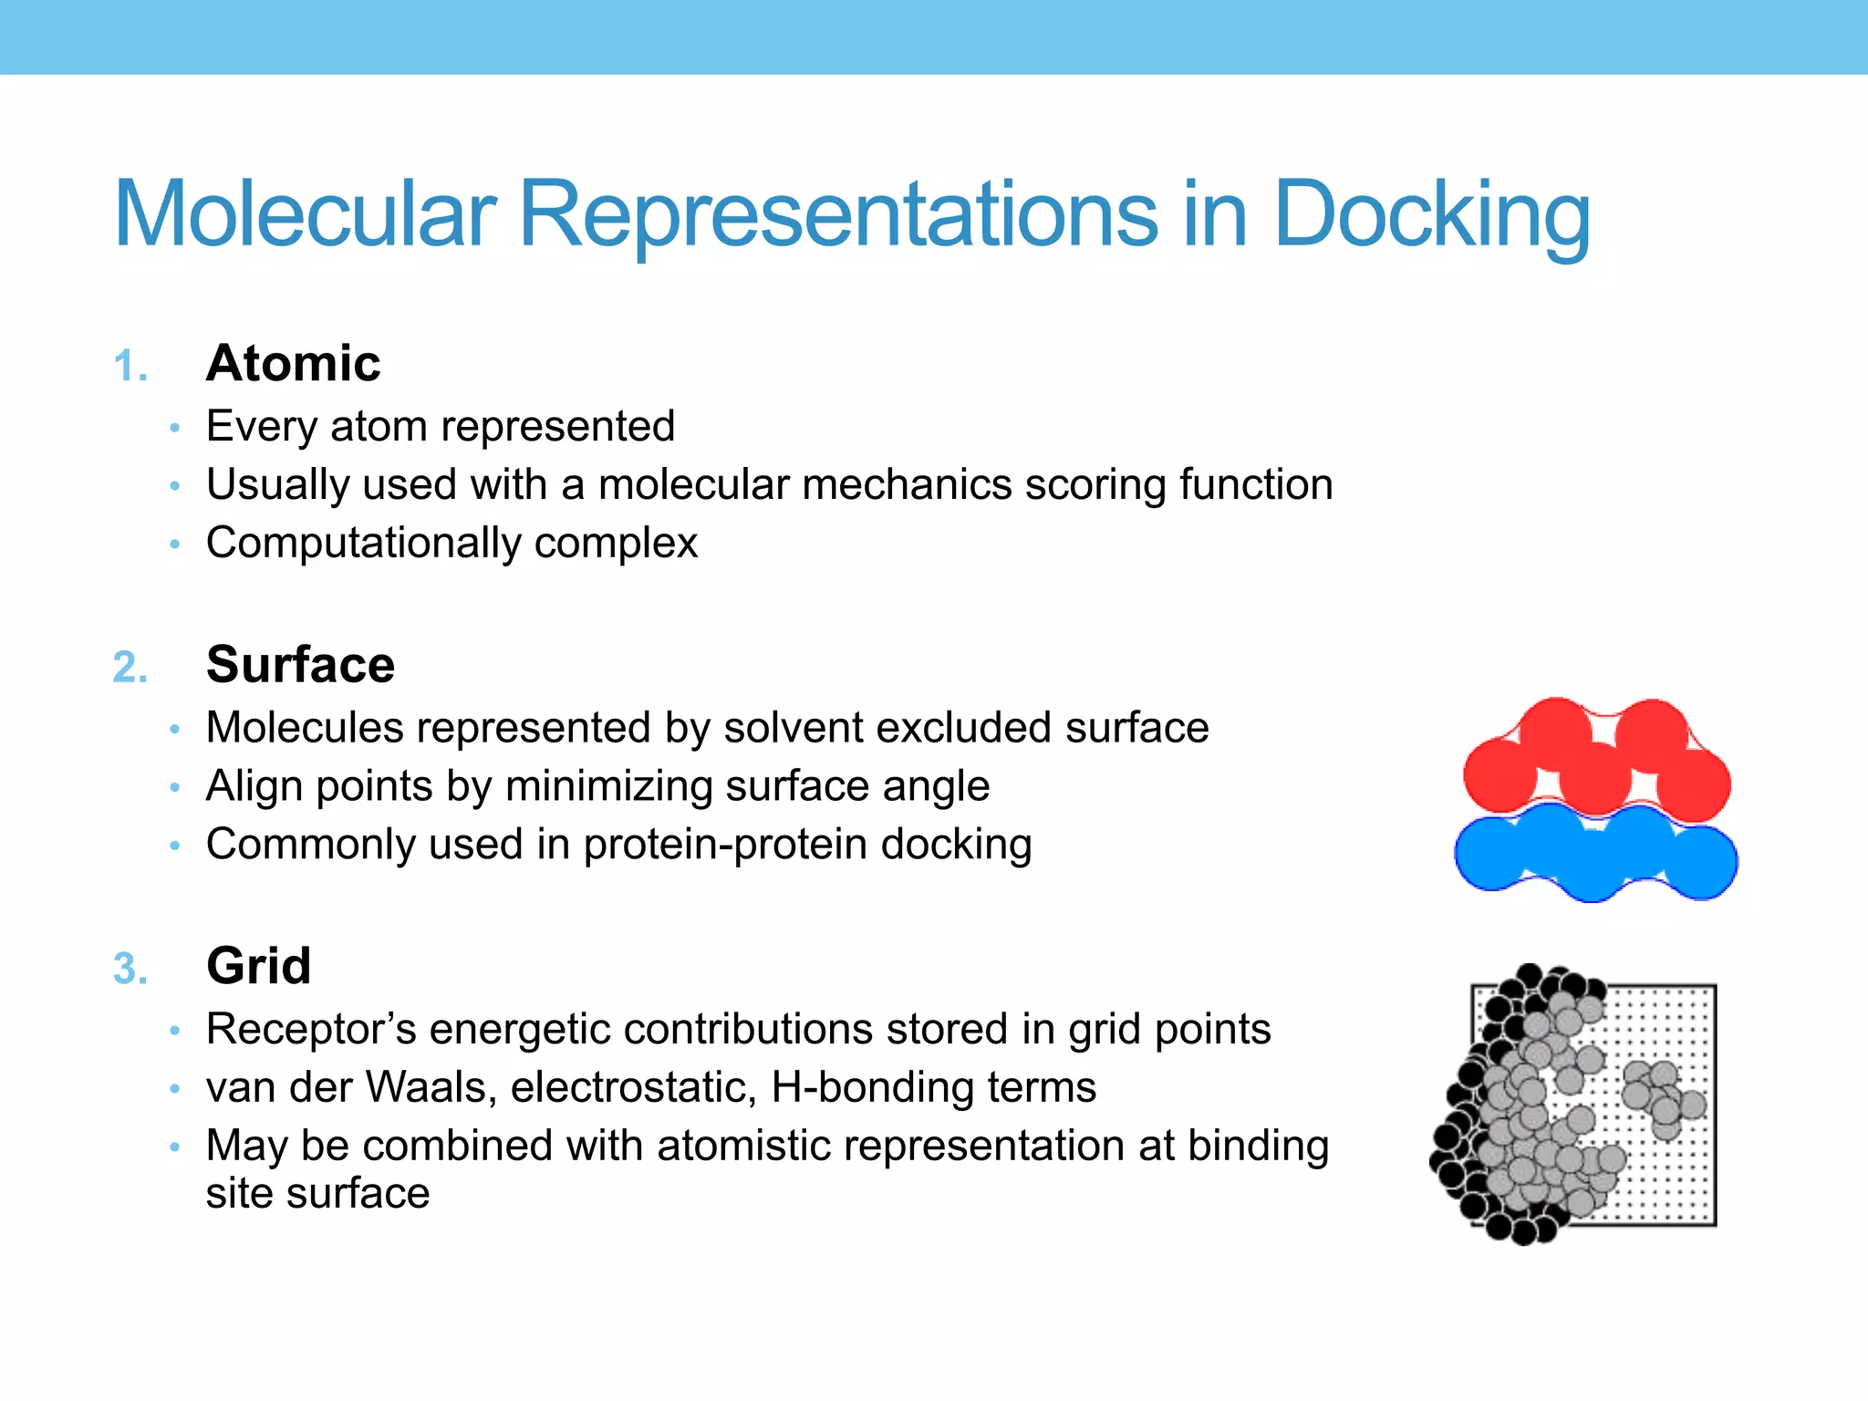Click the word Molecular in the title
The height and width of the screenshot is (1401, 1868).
[305, 215]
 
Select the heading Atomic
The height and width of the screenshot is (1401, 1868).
[293, 363]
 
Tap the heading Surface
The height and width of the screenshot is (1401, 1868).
[300, 664]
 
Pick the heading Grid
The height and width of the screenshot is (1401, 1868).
[259, 965]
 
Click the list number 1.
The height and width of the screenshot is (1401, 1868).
[130, 367]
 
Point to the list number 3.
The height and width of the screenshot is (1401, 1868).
[130, 969]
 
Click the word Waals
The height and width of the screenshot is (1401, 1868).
[430, 1087]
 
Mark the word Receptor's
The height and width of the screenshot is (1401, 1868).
[311, 1029]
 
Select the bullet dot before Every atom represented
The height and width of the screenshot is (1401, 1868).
[175, 428]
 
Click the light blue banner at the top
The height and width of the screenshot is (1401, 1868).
[934, 36]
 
